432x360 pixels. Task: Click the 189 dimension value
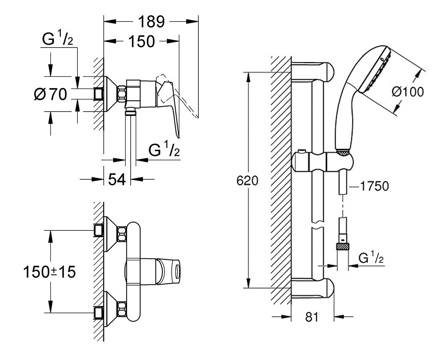[x=151, y=22]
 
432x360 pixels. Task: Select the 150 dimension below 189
[x=141, y=41]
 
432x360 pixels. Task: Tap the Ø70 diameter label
[x=51, y=94]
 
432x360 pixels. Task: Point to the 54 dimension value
[x=117, y=179]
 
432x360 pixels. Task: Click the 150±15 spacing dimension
[x=50, y=272]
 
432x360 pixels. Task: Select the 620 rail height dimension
[x=247, y=181]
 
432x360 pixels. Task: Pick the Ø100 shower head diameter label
[x=408, y=92]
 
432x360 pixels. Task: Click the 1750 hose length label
[x=374, y=186]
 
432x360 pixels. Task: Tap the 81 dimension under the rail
[x=312, y=317]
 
